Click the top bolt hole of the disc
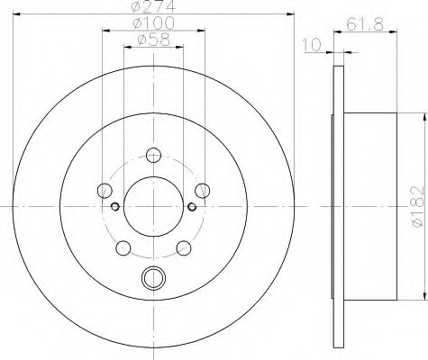(153, 154)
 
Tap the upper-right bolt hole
(204, 189)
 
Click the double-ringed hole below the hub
(153, 278)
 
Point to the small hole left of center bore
(114, 206)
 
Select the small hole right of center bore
(193, 206)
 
